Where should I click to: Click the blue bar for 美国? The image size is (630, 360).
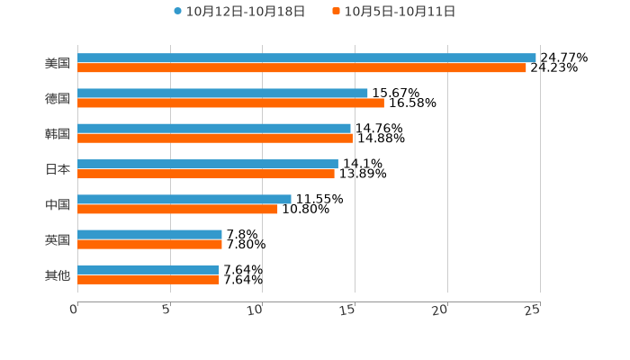(x=306, y=58)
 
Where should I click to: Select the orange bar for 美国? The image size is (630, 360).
(x=301, y=67)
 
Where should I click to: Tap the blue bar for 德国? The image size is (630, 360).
(x=222, y=93)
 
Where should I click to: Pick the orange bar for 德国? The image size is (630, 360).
(x=230, y=103)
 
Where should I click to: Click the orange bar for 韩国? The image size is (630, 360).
(x=214, y=138)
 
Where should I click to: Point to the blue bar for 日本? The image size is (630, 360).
(x=207, y=164)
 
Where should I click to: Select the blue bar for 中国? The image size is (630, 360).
(x=184, y=199)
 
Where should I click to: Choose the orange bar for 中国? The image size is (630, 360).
(x=177, y=209)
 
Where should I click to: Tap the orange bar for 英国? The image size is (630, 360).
(x=149, y=244)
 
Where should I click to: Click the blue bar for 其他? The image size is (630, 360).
(x=148, y=269)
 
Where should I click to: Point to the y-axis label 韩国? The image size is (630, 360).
(x=58, y=133)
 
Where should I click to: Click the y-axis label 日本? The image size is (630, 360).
(x=58, y=169)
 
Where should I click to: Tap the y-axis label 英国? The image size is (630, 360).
(x=58, y=239)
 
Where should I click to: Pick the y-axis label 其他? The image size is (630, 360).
(x=58, y=274)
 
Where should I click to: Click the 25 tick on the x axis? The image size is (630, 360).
(x=533, y=310)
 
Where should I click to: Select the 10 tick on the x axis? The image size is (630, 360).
(x=256, y=310)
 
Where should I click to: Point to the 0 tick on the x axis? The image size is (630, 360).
(x=74, y=310)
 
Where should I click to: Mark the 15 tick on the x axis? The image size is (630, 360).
(x=348, y=310)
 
